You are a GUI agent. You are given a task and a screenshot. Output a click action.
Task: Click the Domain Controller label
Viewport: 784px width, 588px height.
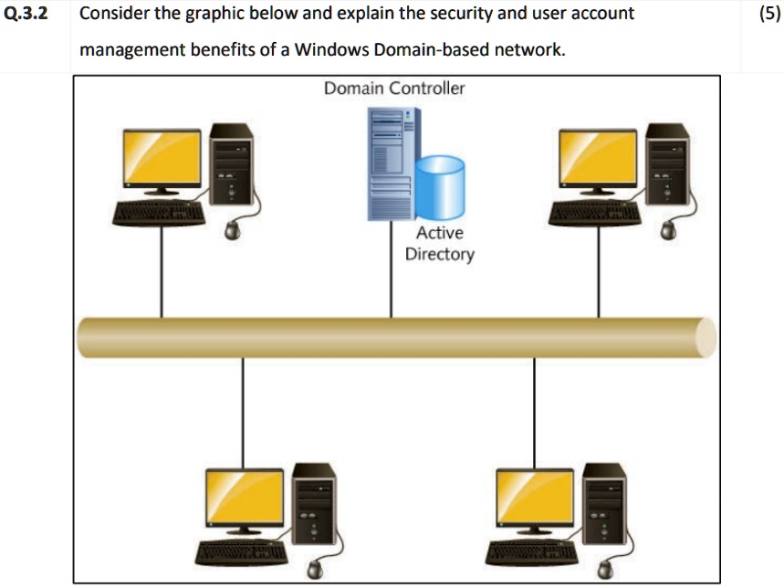(394, 89)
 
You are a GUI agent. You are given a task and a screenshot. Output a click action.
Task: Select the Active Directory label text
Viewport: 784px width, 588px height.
(439, 244)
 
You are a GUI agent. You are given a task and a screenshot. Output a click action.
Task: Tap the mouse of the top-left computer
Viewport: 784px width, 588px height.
(235, 230)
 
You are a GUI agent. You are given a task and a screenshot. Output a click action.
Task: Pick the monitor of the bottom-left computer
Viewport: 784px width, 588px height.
(244, 499)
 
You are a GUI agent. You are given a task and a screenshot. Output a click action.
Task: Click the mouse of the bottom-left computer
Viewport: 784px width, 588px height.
(316, 569)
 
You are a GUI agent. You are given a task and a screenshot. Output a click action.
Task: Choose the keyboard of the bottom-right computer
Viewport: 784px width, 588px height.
(530, 553)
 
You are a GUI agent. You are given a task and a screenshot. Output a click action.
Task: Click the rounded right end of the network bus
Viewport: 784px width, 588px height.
(706, 337)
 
